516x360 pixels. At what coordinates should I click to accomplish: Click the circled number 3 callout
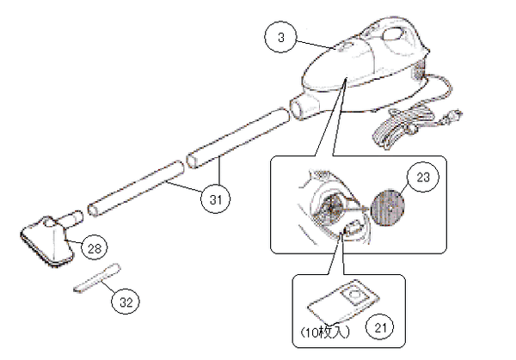tap(280, 37)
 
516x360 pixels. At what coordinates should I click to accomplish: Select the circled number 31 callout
tap(216, 199)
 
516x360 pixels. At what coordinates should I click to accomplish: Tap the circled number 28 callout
tap(94, 248)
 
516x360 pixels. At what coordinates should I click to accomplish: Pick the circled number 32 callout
tap(126, 302)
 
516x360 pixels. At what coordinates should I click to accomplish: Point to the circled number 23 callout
tap(423, 177)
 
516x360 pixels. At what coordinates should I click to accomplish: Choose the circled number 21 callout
tap(380, 327)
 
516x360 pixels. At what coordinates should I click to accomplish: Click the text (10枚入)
tap(325, 333)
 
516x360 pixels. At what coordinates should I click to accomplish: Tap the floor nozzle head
tap(46, 242)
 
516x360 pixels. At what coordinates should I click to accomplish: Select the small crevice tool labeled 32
tap(97, 278)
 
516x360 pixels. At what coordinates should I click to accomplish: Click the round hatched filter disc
tap(388, 208)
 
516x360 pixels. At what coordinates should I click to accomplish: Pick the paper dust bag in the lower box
tap(342, 301)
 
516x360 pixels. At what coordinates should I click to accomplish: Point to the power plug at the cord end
tap(453, 116)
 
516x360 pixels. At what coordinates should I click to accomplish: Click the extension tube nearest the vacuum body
tap(237, 138)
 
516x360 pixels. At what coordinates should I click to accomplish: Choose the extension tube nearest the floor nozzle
tap(136, 188)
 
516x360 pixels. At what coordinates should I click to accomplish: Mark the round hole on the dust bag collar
tap(353, 293)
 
